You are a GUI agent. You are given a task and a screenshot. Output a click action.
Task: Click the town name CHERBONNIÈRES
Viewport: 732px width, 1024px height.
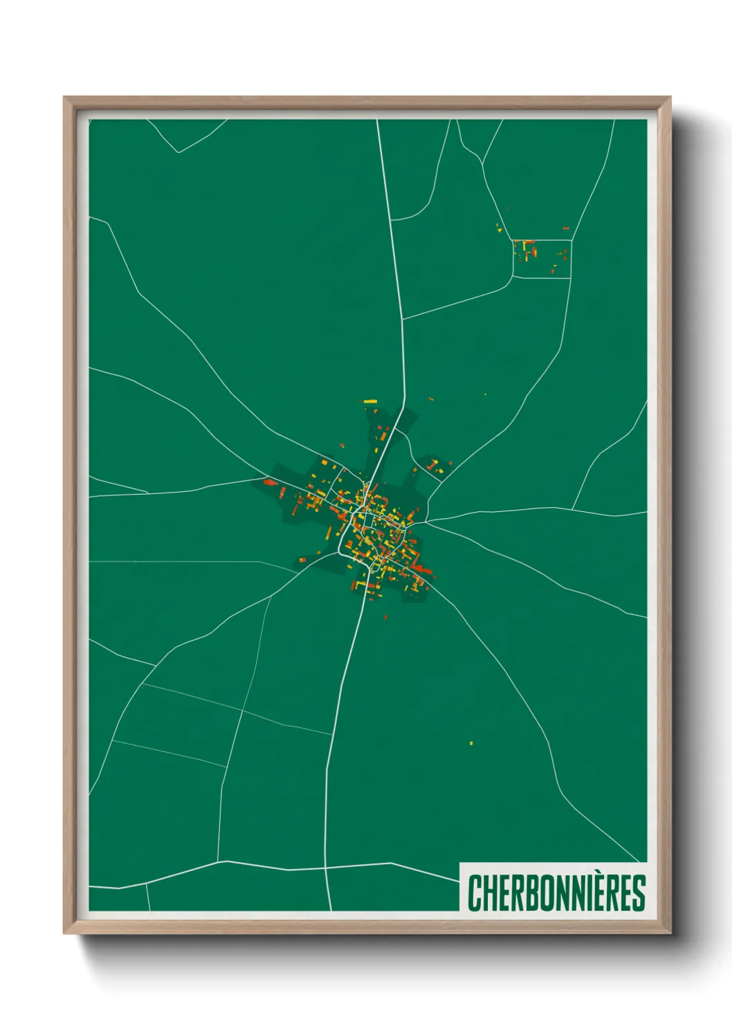[x=556, y=893]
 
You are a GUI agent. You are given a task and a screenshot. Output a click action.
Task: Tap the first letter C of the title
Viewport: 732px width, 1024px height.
[x=475, y=893]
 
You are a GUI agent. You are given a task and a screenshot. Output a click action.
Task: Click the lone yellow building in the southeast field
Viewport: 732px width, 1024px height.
[x=471, y=744]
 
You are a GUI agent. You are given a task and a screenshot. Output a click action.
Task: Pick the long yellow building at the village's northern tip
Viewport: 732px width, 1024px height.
[x=370, y=401]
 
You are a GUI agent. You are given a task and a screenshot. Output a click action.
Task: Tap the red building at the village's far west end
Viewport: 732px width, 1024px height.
[x=270, y=482]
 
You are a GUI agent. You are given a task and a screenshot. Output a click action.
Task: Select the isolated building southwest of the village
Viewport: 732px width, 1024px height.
[x=302, y=559]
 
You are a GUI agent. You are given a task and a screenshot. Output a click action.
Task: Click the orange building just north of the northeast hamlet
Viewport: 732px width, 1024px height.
[x=565, y=228]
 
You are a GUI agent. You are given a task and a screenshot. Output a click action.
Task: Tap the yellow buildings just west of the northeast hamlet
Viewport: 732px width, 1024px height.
[x=500, y=227]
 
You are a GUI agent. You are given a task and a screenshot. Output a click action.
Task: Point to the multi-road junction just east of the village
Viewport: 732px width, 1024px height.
[x=426, y=520]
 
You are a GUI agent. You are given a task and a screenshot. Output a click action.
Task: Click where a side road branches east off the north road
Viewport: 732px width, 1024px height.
[x=403, y=320]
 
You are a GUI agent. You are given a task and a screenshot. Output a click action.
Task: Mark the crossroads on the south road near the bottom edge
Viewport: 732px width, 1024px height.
[x=326, y=866]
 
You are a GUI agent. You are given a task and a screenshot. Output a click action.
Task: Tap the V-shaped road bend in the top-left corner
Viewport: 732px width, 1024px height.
[x=179, y=152]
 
